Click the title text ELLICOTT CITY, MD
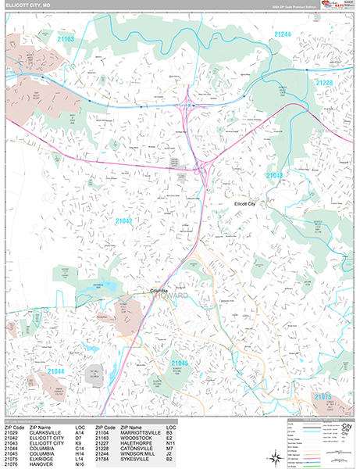(29, 5)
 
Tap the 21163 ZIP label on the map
(66, 38)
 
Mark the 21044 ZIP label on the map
(55, 371)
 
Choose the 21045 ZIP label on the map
(180, 363)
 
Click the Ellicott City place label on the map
(250, 203)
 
